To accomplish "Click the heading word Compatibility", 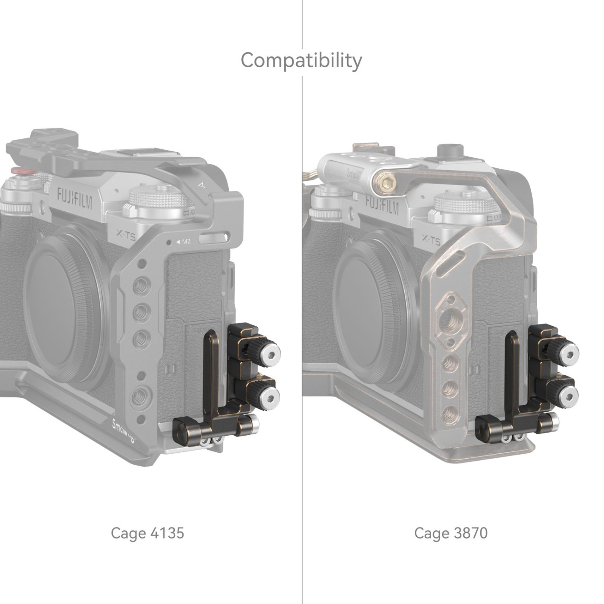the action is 301,61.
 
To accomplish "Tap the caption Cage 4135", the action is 147,533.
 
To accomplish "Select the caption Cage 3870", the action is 451,533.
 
